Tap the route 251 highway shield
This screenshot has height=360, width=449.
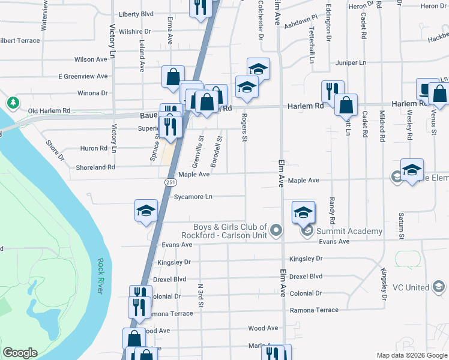pyautogui.click(x=170, y=181)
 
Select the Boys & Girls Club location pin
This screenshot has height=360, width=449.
pyautogui.click(x=276, y=230)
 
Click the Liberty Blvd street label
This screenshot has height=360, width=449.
pyautogui.click(x=136, y=14)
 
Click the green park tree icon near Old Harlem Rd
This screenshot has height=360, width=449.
pyautogui.click(x=13, y=103)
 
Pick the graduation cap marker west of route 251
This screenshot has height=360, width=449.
pyautogui.click(x=146, y=211)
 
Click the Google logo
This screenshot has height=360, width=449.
pyautogui.click(x=20, y=353)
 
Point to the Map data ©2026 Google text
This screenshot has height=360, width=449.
pyautogui.click(x=411, y=355)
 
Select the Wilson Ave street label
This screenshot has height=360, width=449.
pyautogui.click(x=90, y=59)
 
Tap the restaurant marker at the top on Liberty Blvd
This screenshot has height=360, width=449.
pyautogui.click(x=200, y=7)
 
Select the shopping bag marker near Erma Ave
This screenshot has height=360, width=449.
pyautogui.click(x=173, y=77)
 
